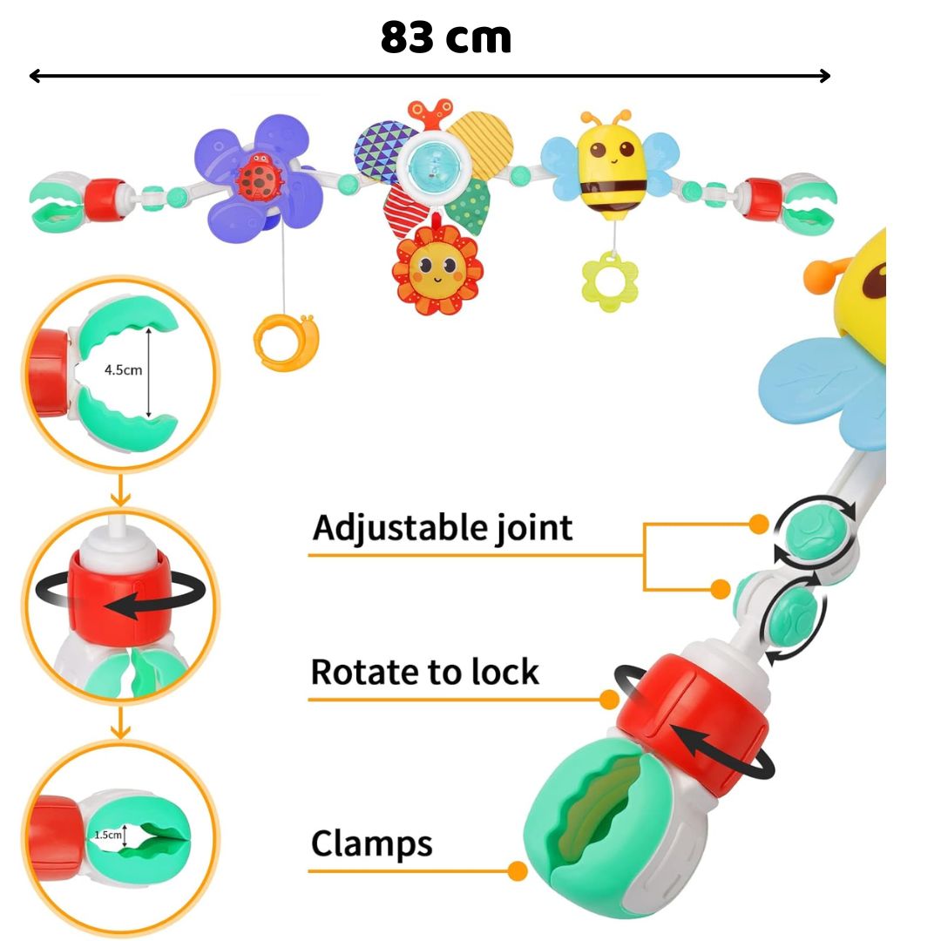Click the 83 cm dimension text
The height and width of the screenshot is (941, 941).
coord(445,38)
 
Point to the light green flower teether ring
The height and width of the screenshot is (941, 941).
coord(609,281)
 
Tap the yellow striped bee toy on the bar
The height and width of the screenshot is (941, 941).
coord(608,166)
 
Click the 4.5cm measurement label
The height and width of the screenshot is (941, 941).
coord(123,369)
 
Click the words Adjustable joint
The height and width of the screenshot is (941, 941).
coord(443,528)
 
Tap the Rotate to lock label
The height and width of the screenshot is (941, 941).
coord(425,673)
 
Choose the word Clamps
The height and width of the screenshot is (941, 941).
coord(372,843)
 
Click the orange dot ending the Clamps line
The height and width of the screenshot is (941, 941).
coord(518,870)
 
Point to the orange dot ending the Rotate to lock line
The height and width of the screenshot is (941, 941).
coord(610,699)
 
